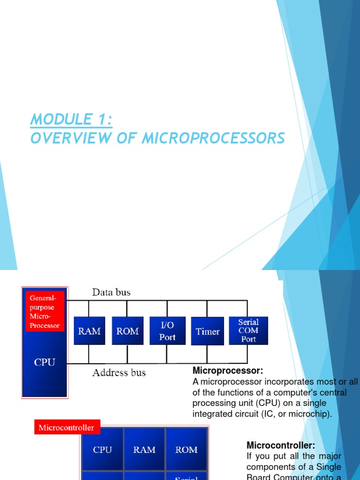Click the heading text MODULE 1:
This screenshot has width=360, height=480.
[x=71, y=120]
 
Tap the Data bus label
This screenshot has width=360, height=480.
[x=111, y=292]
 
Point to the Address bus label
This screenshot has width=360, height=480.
[x=119, y=373]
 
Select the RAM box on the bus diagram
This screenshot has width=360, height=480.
[x=89, y=331]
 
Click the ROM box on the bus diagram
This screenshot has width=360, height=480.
[x=127, y=331]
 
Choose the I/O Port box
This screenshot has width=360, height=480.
[x=167, y=331]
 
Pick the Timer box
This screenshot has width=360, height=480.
[x=208, y=331]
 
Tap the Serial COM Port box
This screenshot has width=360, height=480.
[x=248, y=330]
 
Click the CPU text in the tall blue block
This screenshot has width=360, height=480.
[x=45, y=362]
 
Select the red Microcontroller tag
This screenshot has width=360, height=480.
[x=67, y=427]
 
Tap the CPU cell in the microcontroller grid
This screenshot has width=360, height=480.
[x=103, y=450]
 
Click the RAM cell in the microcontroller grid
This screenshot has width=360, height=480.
[x=144, y=450]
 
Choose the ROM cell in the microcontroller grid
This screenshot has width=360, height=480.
[x=186, y=450]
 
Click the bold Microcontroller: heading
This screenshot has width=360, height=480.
[x=281, y=445]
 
